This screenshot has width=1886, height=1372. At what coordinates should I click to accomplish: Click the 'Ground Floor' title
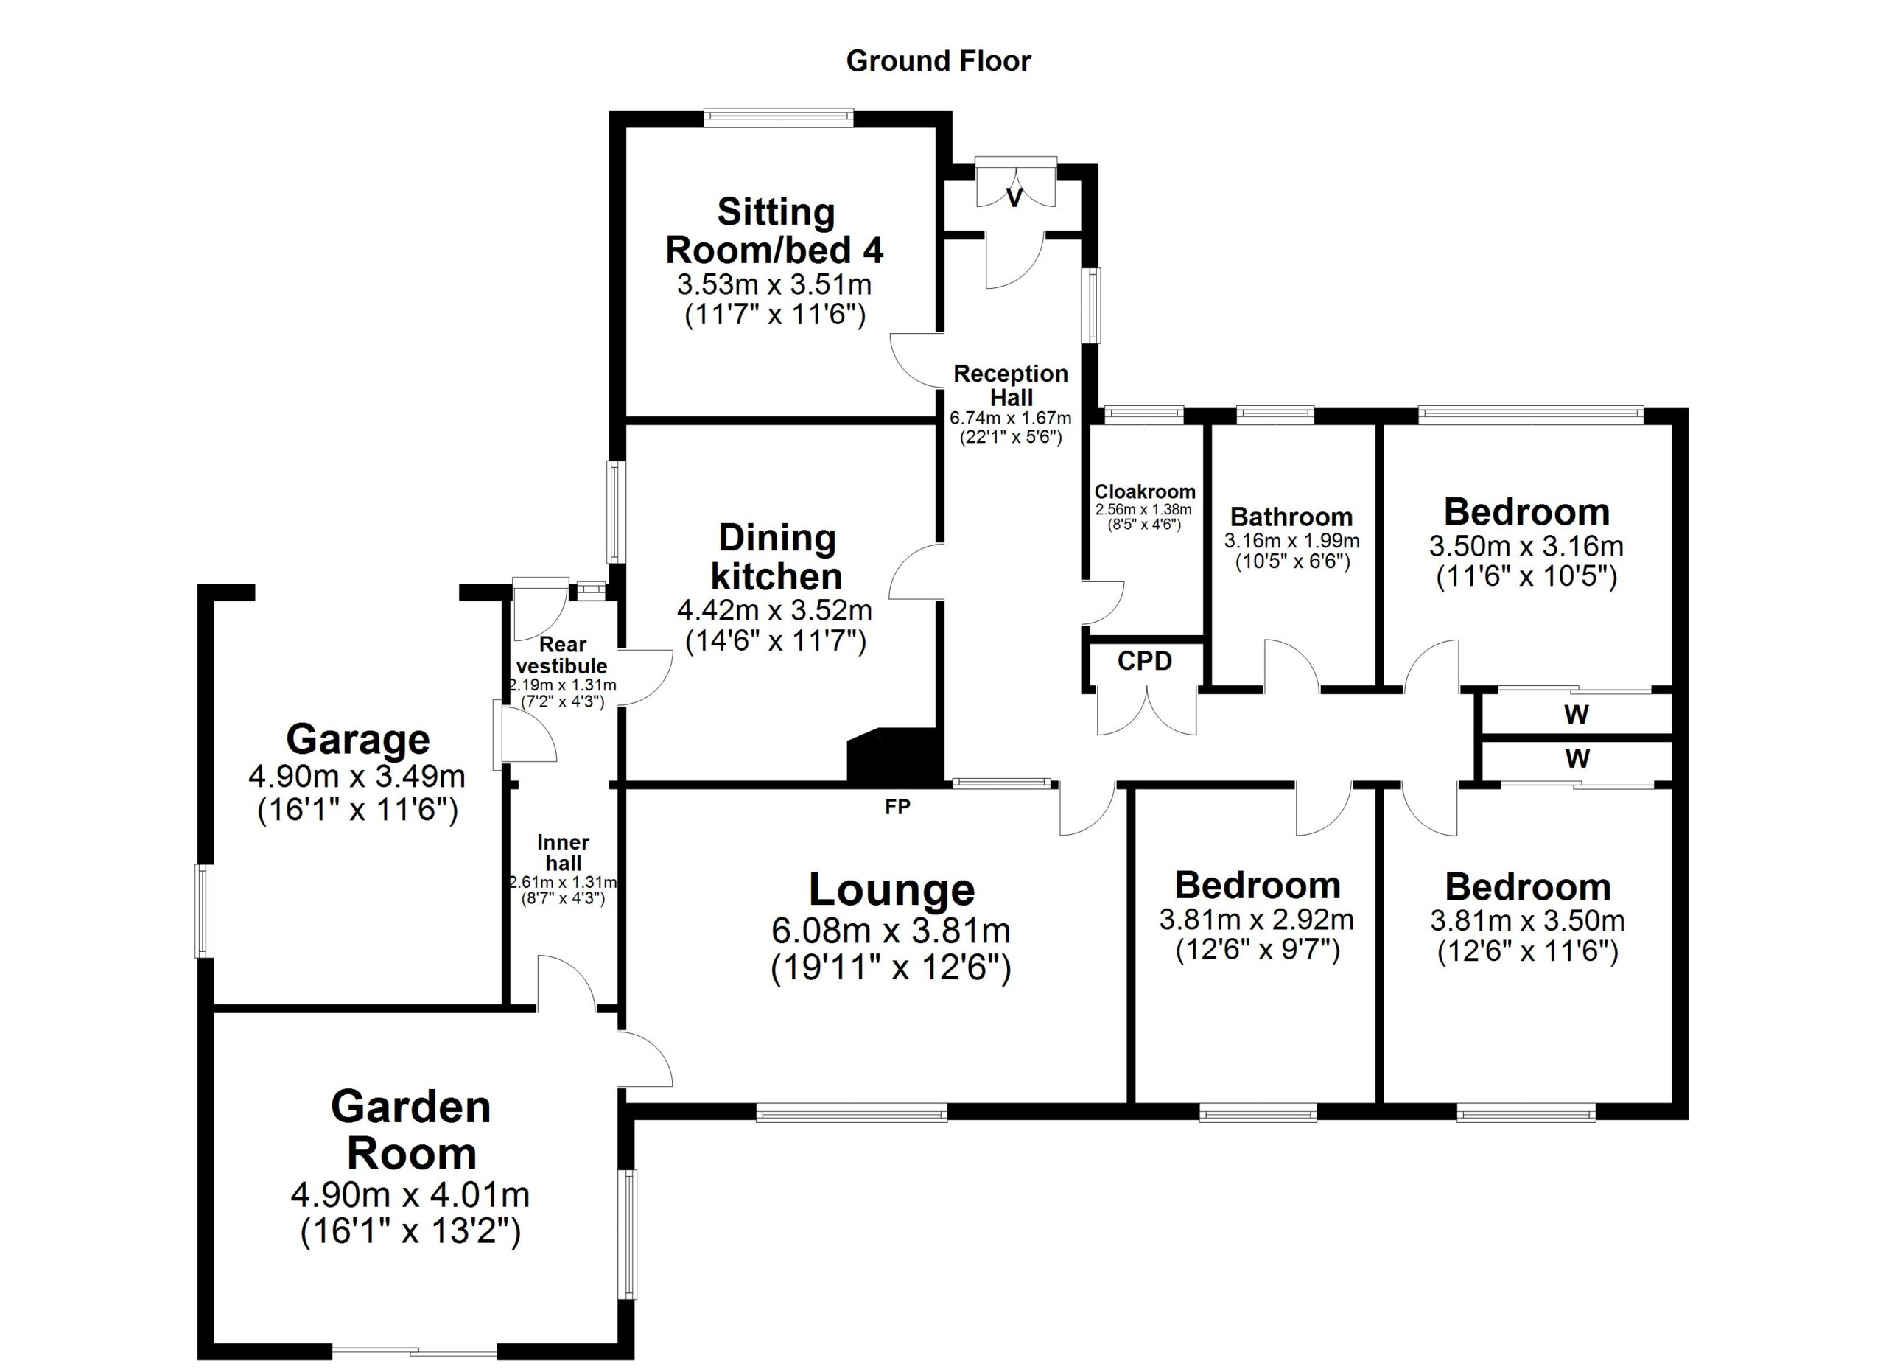click(938, 60)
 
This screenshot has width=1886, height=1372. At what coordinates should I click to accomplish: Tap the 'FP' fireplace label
click(897, 807)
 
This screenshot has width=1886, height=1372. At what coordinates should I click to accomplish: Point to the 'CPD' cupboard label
click(1144, 661)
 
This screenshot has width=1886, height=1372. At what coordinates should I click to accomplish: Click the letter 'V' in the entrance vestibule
click(1014, 198)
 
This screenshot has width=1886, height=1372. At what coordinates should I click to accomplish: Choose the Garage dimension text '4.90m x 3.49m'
click(357, 776)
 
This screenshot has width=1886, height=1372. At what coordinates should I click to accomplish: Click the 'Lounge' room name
click(891, 889)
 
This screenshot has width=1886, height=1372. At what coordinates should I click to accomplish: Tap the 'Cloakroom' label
click(1144, 491)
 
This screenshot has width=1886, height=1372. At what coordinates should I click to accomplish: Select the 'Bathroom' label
click(1291, 517)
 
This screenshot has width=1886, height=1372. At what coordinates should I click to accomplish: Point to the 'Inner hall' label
click(563, 853)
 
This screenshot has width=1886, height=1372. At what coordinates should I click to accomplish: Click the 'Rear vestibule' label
click(562, 655)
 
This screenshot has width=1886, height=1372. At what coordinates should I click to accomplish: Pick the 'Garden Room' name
click(411, 1130)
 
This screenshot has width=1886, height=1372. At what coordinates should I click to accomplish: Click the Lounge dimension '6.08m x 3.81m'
click(891, 931)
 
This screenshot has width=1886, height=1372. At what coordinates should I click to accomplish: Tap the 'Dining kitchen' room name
click(777, 557)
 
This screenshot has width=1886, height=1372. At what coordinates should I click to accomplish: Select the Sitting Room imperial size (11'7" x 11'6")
click(775, 316)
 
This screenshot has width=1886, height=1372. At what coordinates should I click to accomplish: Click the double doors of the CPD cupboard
click(1147, 710)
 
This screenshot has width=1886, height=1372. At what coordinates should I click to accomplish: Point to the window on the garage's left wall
click(205, 911)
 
